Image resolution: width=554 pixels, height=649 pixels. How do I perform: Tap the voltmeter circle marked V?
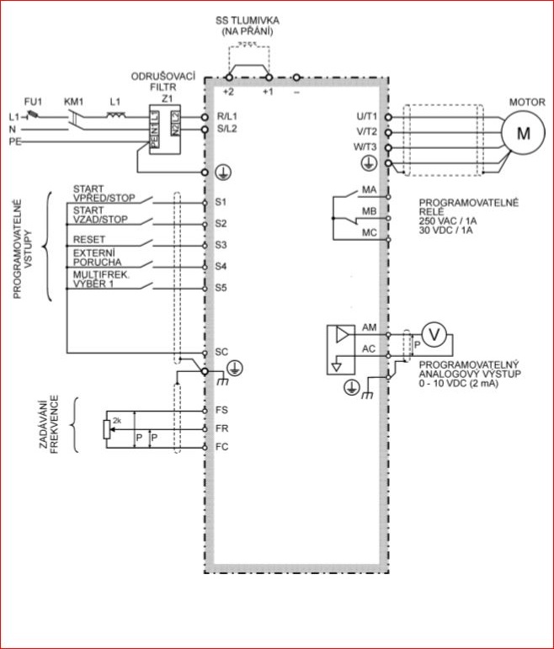pos(434,334)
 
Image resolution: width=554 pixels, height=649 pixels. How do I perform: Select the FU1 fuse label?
pos(33,100)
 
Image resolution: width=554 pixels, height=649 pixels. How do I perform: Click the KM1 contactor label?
pos(74,100)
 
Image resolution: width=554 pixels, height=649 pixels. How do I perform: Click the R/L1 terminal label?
pos(228,116)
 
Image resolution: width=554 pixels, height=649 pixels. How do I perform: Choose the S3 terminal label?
pos(221,245)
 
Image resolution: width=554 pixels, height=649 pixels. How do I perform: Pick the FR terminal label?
pos(221,428)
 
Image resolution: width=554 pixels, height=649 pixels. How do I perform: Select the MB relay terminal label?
pos(369,210)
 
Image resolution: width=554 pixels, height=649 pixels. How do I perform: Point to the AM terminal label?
pos(369,327)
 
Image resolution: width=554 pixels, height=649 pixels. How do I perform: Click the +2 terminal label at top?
pos(228,91)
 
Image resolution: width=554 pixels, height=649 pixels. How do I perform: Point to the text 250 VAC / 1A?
pos(448,221)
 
